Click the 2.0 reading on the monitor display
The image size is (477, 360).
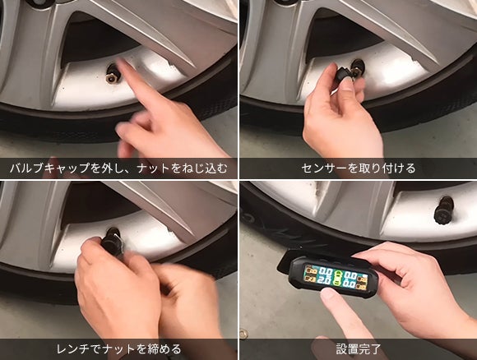pos(325,280)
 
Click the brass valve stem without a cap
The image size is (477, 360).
pos(112,75)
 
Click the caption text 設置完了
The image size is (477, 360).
pos(359,348)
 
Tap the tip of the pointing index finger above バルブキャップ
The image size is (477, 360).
pos(122,62)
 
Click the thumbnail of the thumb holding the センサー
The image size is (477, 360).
pos(347,85)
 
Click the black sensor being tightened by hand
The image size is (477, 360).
pos(112,242)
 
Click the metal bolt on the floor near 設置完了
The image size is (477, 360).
pos(243,334)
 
